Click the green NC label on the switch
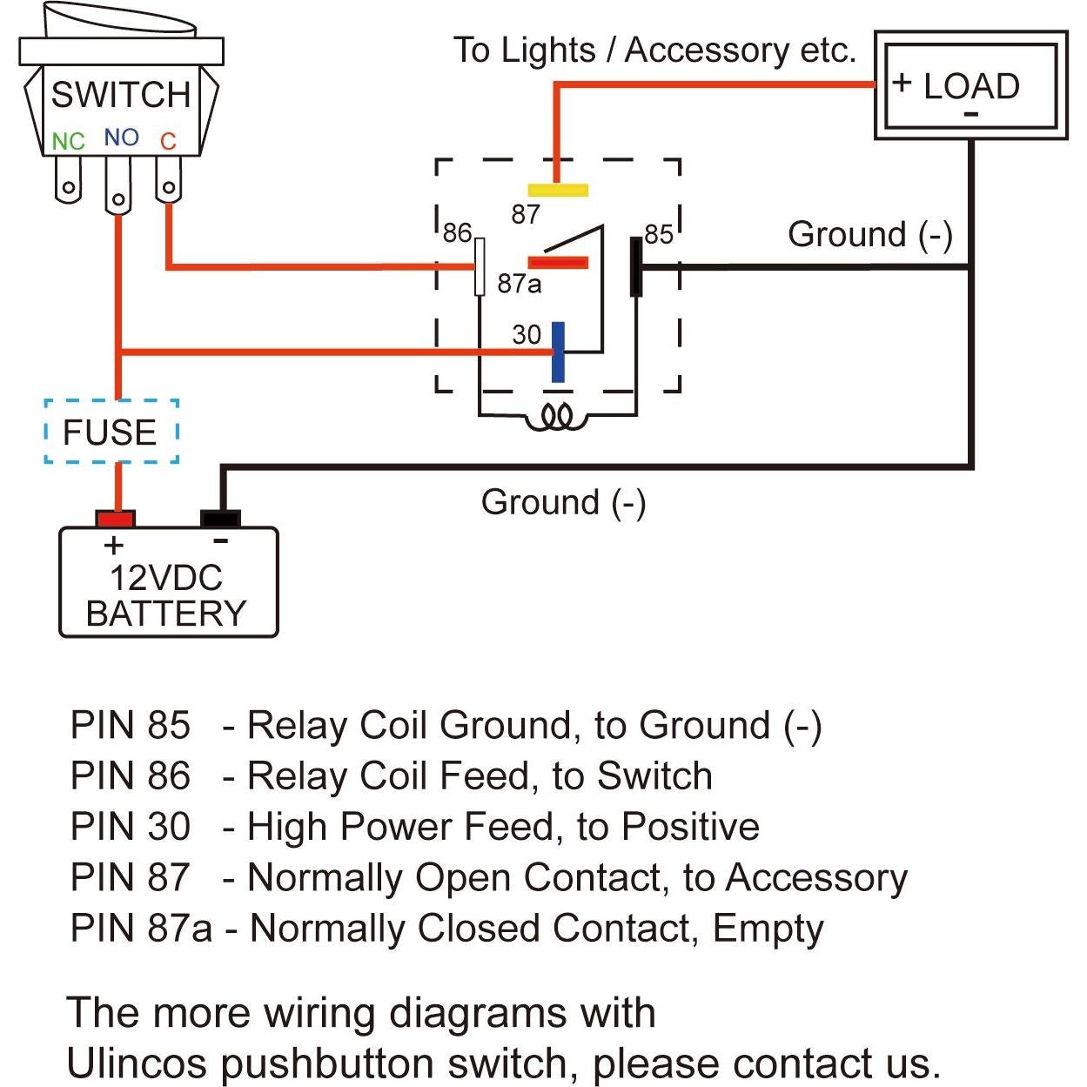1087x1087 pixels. click(x=68, y=141)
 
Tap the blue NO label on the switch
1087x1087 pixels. click(x=121, y=138)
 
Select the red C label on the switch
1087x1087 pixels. click(x=168, y=141)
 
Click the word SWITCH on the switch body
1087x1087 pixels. click(x=120, y=94)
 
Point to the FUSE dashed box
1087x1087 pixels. click(x=111, y=432)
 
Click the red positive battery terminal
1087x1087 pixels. click(x=115, y=519)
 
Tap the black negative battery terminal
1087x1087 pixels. click(x=220, y=519)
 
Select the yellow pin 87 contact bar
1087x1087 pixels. click(x=558, y=190)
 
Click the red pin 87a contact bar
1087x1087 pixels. click(x=558, y=262)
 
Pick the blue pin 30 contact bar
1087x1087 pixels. click(x=558, y=352)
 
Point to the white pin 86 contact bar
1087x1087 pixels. click(x=480, y=266)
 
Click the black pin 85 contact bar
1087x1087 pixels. click(x=636, y=266)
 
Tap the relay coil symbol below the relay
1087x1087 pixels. click(x=557, y=418)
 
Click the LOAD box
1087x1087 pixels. click(x=970, y=86)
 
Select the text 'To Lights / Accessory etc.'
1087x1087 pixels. click(x=654, y=50)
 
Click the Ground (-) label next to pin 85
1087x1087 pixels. click(x=869, y=234)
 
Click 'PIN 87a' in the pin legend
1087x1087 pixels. click(x=140, y=928)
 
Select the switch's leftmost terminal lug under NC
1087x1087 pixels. click(x=68, y=184)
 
